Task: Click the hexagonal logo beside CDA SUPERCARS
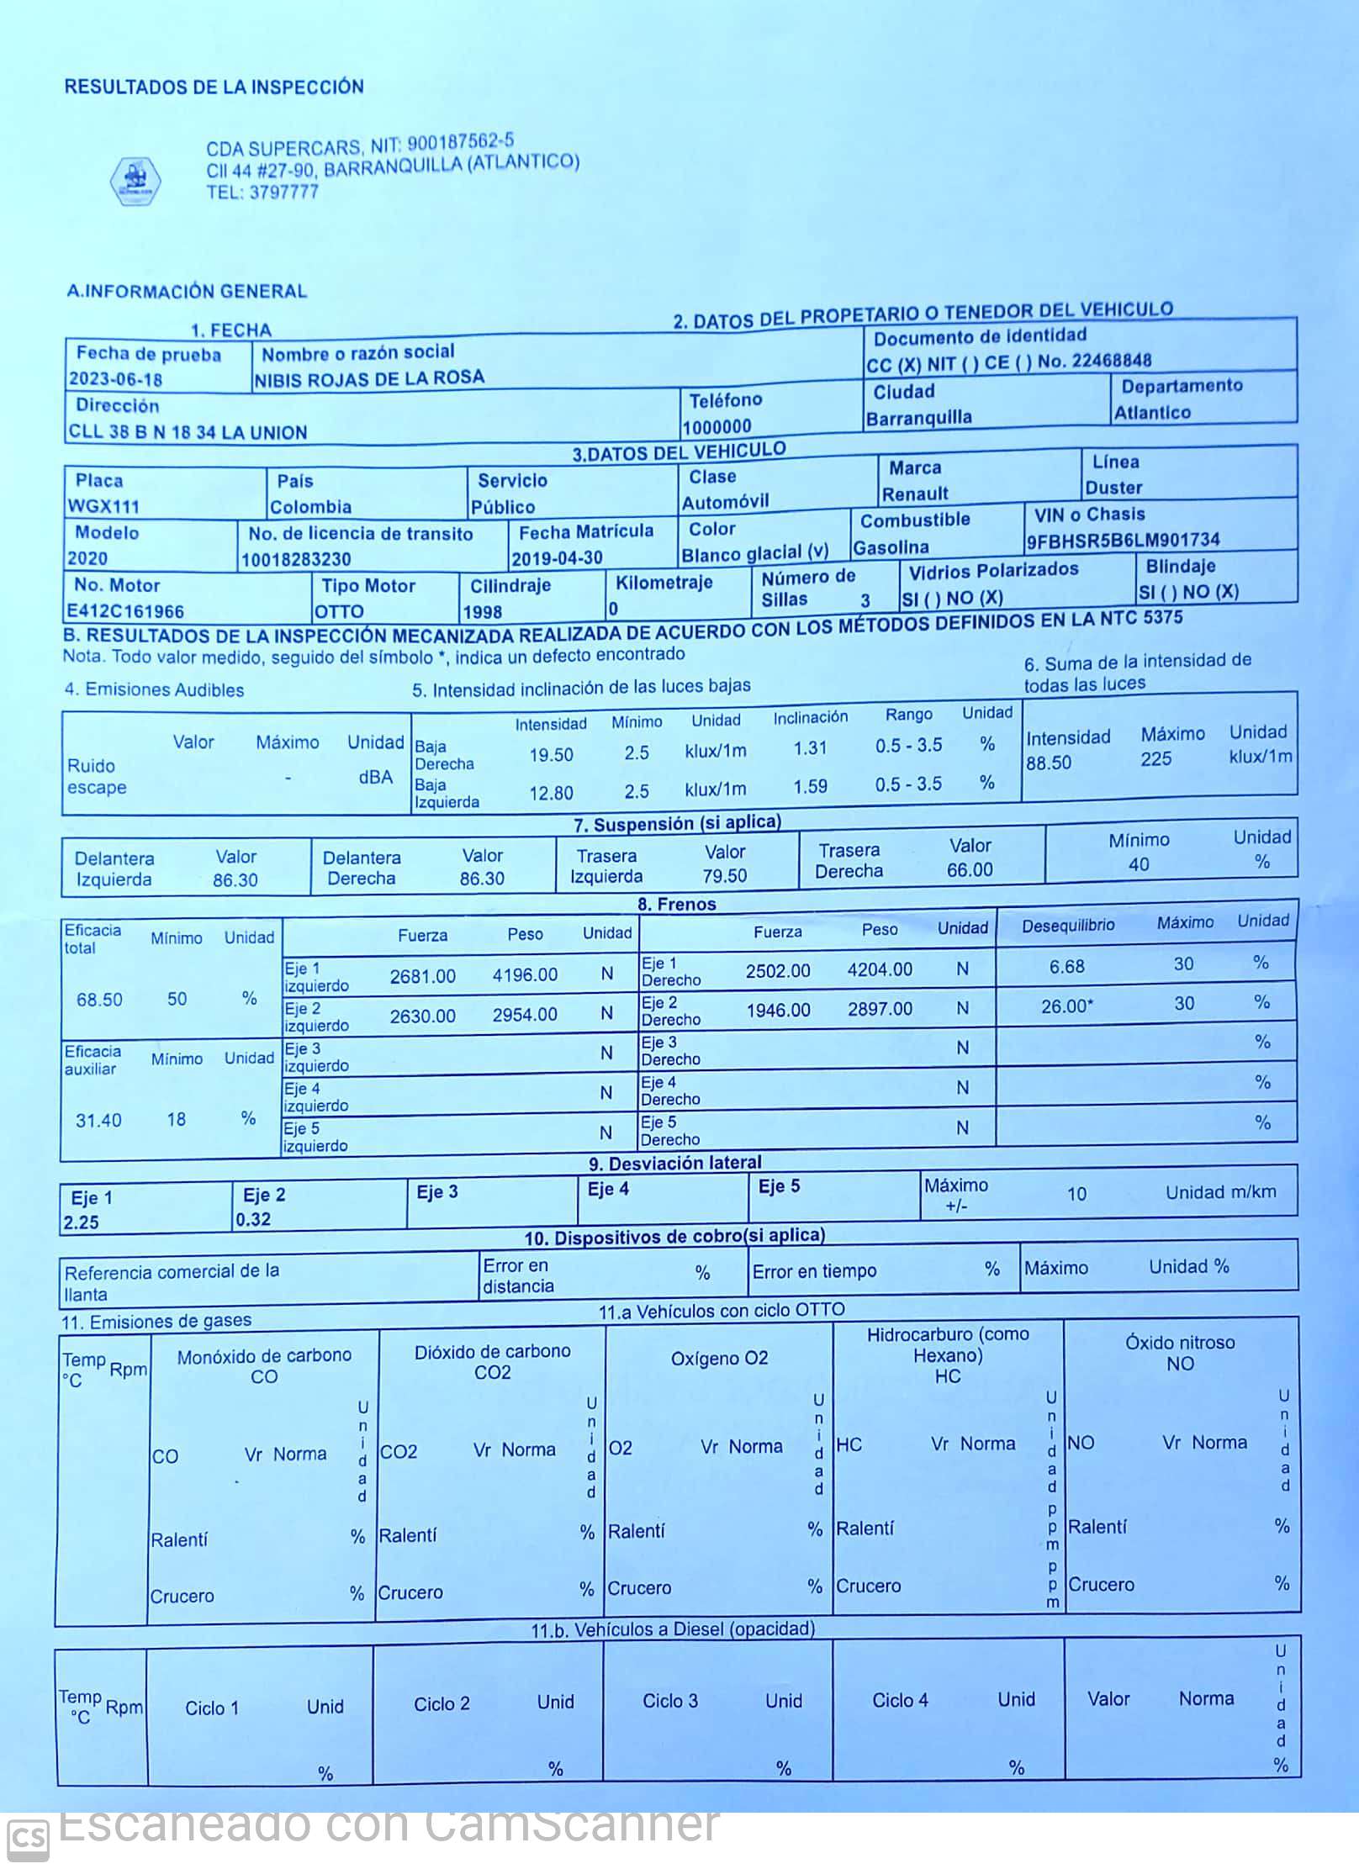point(135,180)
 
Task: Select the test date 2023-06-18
point(116,379)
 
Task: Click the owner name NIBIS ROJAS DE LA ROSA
point(369,378)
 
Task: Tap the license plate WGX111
point(103,506)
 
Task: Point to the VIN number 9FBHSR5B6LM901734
point(1123,540)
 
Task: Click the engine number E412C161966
point(125,611)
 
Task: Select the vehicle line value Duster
point(1113,488)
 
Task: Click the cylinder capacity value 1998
point(482,612)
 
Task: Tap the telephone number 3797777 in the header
point(283,192)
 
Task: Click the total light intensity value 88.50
point(1049,763)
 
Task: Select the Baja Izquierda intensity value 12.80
point(551,793)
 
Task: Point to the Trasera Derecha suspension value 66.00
point(970,870)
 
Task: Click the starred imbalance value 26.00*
point(1066,1006)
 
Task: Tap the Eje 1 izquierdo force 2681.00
point(422,976)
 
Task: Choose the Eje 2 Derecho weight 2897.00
point(880,1009)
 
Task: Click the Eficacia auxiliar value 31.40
point(98,1120)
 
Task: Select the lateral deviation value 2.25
point(81,1222)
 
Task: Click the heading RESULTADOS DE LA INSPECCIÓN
point(214,87)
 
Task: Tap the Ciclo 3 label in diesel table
point(670,1701)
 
